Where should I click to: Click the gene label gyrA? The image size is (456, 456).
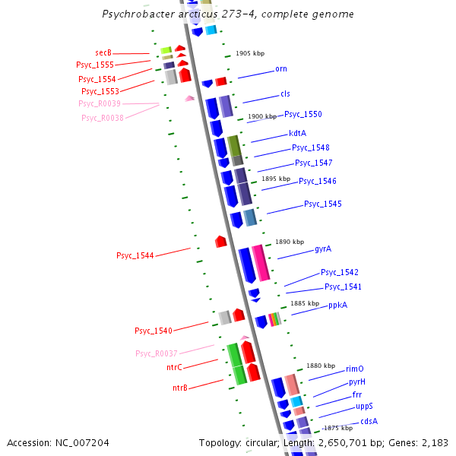click(322, 249)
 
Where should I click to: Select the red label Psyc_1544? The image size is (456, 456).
click(135, 255)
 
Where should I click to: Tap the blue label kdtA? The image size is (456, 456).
click(297, 133)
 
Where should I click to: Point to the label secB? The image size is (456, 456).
click(103, 52)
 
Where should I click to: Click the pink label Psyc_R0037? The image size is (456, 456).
click(157, 353)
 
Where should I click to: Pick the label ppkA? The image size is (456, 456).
click(337, 305)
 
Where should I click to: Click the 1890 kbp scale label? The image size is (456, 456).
click(289, 241)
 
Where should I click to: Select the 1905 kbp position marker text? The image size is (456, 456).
click(250, 54)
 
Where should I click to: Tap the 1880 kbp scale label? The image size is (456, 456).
click(320, 366)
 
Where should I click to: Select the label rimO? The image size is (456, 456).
click(354, 369)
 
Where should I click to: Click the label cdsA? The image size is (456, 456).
click(369, 421)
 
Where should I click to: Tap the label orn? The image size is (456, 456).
click(281, 69)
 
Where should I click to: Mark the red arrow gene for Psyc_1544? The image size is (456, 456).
click(221, 241)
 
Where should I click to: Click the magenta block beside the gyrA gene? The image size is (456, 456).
click(260, 263)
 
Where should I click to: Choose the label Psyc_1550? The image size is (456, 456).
click(303, 114)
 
